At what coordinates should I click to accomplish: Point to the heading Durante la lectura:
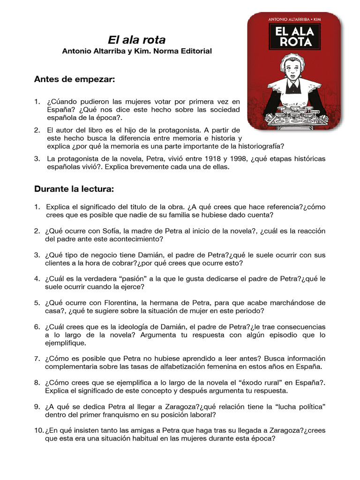coord(74,189)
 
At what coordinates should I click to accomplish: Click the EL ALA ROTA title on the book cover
coord(293,37)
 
